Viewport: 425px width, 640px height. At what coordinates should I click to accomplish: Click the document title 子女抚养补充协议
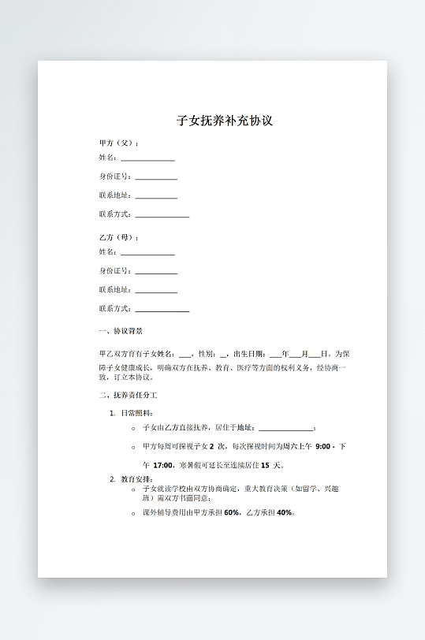pyautogui.click(x=225, y=121)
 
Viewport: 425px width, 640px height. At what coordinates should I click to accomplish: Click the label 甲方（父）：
pyautogui.click(x=119, y=143)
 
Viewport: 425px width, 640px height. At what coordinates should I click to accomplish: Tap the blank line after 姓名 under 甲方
pyautogui.click(x=147, y=160)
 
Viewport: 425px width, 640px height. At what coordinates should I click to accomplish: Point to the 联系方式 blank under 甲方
pyautogui.click(x=162, y=216)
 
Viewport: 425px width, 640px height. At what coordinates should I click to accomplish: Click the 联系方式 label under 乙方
pyautogui.click(x=116, y=309)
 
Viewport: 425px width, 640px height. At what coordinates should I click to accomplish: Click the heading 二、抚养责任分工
pyautogui.click(x=128, y=395)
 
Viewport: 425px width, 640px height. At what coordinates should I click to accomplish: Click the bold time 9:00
pyautogui.click(x=323, y=446)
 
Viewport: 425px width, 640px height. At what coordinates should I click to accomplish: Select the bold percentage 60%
pyautogui.click(x=232, y=512)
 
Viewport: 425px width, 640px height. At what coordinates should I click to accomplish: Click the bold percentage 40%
pyautogui.click(x=285, y=512)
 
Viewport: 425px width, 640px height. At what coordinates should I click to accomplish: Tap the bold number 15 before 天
pyautogui.click(x=265, y=465)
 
